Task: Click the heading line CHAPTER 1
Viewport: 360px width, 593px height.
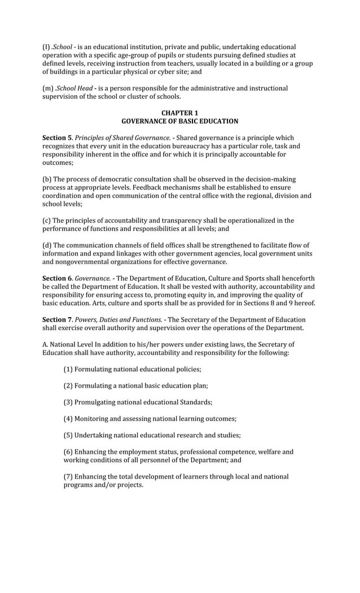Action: pyautogui.click(x=179, y=113)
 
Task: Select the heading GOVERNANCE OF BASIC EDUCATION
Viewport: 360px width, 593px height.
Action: pyautogui.click(x=179, y=121)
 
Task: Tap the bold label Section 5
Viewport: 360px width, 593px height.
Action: pyautogui.click(x=57, y=138)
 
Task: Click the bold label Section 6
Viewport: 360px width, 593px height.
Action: pyautogui.click(x=57, y=279)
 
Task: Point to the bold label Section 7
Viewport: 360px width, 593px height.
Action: pyautogui.click(x=57, y=320)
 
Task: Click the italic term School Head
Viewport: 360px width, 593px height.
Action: pyautogui.click(x=74, y=89)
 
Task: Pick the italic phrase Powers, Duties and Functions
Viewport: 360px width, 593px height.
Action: pyautogui.click(x=118, y=320)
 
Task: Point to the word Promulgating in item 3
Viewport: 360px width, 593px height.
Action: pyautogui.click(x=96, y=402)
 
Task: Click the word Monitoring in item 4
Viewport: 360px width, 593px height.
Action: pyautogui.click(x=93, y=419)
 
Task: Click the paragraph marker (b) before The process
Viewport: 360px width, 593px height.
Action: pyautogui.click(x=47, y=179)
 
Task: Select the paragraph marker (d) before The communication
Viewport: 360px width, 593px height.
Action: pyautogui.click(x=47, y=245)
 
